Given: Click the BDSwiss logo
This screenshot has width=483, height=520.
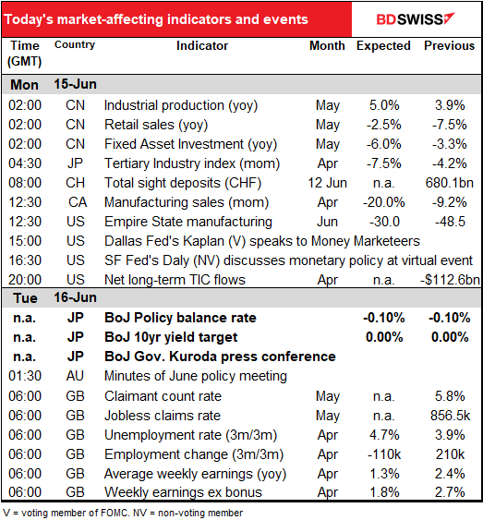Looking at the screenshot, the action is [416, 19].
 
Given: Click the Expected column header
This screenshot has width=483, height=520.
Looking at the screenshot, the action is [383, 46].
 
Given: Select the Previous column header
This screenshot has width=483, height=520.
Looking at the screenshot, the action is [449, 46].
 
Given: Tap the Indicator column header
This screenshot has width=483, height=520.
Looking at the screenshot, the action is [202, 46].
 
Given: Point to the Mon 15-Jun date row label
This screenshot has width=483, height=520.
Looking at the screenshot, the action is [54, 85].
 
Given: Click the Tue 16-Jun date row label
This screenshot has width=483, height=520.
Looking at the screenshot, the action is [54, 297].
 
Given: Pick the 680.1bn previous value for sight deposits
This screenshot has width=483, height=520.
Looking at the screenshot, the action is [450, 183].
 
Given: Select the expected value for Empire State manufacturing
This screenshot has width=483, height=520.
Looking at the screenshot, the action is [384, 222].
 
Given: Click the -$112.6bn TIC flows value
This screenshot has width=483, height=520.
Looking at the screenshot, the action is [450, 280].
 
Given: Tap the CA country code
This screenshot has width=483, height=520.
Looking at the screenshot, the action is [78, 202].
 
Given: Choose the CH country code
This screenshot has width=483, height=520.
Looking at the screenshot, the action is [75, 183].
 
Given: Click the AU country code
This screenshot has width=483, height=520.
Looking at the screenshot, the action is [75, 376].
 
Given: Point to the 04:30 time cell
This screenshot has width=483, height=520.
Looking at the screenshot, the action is [25, 163].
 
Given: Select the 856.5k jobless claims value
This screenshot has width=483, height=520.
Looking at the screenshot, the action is [450, 416].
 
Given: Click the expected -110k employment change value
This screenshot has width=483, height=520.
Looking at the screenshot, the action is [384, 454].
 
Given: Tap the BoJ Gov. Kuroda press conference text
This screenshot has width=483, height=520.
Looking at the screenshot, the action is [220, 357].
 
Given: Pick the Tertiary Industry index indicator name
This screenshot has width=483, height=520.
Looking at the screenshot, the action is [192, 163].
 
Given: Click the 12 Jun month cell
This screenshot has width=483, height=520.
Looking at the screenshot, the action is [328, 183].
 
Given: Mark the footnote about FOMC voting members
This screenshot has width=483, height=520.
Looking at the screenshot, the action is [123, 513].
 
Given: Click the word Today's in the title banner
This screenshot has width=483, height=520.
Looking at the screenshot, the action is [29, 19].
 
